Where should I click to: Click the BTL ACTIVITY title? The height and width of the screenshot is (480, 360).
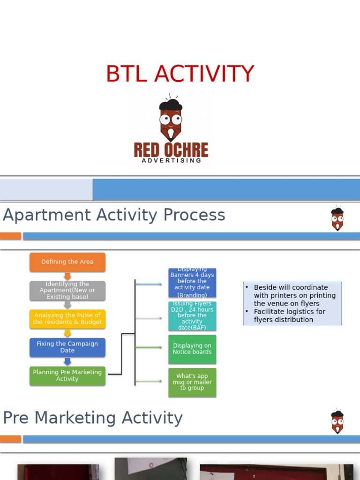(180, 74)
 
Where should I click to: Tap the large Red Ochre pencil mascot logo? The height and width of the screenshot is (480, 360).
(171, 120)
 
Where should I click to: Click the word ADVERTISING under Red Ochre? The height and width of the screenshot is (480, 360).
(172, 160)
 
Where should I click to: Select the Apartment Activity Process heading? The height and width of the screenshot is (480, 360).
(114, 215)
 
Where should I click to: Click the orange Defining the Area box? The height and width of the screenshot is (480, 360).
(67, 262)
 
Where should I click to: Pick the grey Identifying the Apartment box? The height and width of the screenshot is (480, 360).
(67, 291)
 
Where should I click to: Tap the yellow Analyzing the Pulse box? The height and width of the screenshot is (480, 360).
(67, 319)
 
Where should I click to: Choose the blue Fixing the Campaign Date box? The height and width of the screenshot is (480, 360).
(67, 347)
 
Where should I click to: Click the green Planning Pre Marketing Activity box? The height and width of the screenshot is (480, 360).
(67, 376)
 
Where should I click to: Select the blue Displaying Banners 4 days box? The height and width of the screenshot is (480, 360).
(192, 283)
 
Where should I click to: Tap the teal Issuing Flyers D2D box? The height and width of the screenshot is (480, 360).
(192, 315)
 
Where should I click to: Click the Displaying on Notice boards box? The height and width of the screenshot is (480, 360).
(192, 349)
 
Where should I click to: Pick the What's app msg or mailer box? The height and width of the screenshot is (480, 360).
(192, 382)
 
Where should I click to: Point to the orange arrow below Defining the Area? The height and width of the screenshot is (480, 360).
(67, 276)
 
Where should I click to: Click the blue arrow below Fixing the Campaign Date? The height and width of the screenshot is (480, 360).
(67, 361)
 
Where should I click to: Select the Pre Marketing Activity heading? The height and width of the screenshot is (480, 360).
(93, 418)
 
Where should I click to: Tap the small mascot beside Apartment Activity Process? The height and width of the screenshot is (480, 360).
(337, 218)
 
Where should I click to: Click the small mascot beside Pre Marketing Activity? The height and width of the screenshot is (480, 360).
(337, 421)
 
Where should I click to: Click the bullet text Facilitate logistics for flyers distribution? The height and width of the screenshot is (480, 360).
(289, 315)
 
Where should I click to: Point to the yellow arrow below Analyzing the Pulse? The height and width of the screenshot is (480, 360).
(67, 333)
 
